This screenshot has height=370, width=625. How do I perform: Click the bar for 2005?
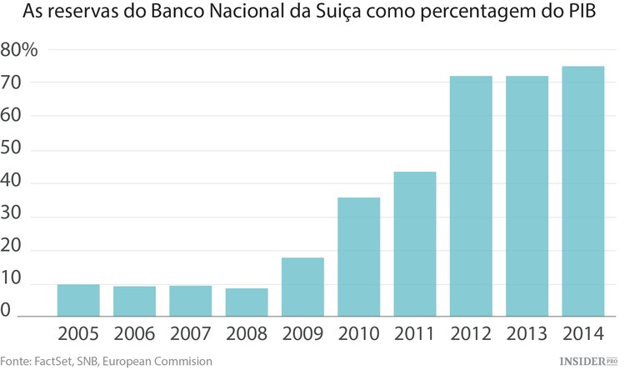pyautogui.click(x=78, y=301)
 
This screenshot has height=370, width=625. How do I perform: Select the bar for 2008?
pyautogui.click(x=247, y=302)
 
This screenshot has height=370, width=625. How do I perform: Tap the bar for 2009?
pyautogui.click(x=302, y=287)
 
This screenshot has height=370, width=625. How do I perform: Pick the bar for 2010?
pyautogui.click(x=358, y=257)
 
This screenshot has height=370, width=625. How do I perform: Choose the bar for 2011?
pyautogui.click(x=414, y=244)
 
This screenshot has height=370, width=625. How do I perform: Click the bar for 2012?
pyautogui.click(x=471, y=197)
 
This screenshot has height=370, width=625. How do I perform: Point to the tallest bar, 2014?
pyautogui.click(x=582, y=192)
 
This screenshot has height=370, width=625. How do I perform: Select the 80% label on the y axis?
pyautogui.click(x=20, y=50)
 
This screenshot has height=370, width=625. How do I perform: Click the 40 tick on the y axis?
pyautogui.click(x=12, y=183)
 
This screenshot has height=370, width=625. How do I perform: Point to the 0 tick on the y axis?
pyautogui.click(x=7, y=311)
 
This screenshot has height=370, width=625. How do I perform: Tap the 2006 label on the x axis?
pyautogui.click(x=134, y=334)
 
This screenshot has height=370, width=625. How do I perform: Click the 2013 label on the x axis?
pyautogui.click(x=527, y=334)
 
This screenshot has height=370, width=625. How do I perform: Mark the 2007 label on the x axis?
pyautogui.click(x=191, y=334)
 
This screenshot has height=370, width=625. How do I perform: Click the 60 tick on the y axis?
pyautogui.click(x=12, y=117)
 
